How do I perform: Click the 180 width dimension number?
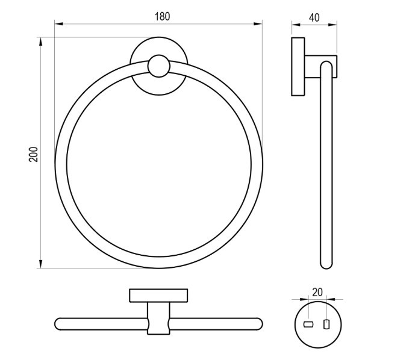[162, 16]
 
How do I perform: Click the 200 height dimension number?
[34, 154]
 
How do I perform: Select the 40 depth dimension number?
[314, 17]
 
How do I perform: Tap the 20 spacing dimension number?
[317, 292]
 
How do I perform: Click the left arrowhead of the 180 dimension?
[58, 24]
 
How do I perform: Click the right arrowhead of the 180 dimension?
[258, 24]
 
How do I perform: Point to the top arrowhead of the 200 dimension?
[40, 42]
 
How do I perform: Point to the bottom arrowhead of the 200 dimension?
[40, 264]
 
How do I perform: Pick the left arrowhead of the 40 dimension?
[296, 25]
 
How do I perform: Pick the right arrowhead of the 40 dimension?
[332, 25]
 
